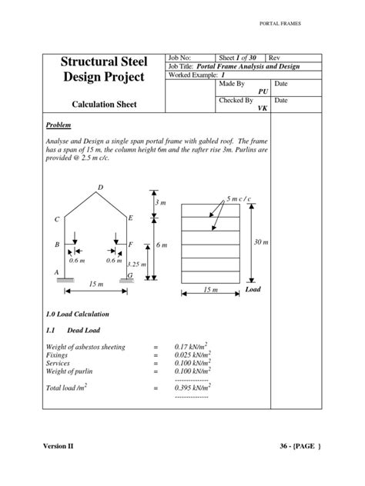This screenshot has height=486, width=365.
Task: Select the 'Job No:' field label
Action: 181,58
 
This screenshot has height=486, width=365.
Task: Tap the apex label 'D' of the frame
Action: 100,188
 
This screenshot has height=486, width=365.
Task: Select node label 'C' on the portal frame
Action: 56,220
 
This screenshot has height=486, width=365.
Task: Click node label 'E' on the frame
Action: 130,218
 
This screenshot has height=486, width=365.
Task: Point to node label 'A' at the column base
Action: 55,272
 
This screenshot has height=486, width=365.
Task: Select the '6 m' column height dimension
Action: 162,245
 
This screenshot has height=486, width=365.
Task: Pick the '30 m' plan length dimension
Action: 260,242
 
